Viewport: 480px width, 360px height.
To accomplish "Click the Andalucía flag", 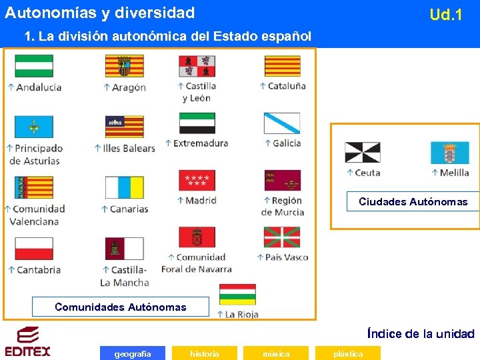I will (x=34, y=66).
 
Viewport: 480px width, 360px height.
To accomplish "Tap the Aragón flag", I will (x=124, y=66).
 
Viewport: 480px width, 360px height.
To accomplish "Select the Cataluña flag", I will (x=282, y=66).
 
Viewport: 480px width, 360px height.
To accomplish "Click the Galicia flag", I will (x=282, y=123).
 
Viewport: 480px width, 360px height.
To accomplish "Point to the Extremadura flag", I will (x=197, y=123).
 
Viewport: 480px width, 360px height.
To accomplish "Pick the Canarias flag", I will (x=124, y=188).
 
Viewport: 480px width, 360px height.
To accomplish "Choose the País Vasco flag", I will (x=282, y=237).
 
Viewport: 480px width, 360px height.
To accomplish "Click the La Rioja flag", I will (x=238, y=295).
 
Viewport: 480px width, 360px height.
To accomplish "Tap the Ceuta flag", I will (x=362, y=153).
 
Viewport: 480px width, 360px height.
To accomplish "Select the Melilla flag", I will (x=449, y=153).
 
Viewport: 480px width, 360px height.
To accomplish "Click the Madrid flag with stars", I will (x=197, y=181).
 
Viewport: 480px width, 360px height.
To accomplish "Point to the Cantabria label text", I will (x=38, y=270).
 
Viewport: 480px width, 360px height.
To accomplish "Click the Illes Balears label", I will (x=129, y=148).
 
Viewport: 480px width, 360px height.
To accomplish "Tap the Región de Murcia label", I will (x=283, y=206).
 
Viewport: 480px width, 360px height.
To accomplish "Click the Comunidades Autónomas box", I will (x=121, y=307).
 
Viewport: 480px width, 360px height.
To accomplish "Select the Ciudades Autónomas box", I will (x=413, y=201).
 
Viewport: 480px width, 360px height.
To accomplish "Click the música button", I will (x=276, y=353).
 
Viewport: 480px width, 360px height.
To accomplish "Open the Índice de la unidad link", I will (x=421, y=334).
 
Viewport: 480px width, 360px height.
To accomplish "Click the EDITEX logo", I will (x=27, y=341).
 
